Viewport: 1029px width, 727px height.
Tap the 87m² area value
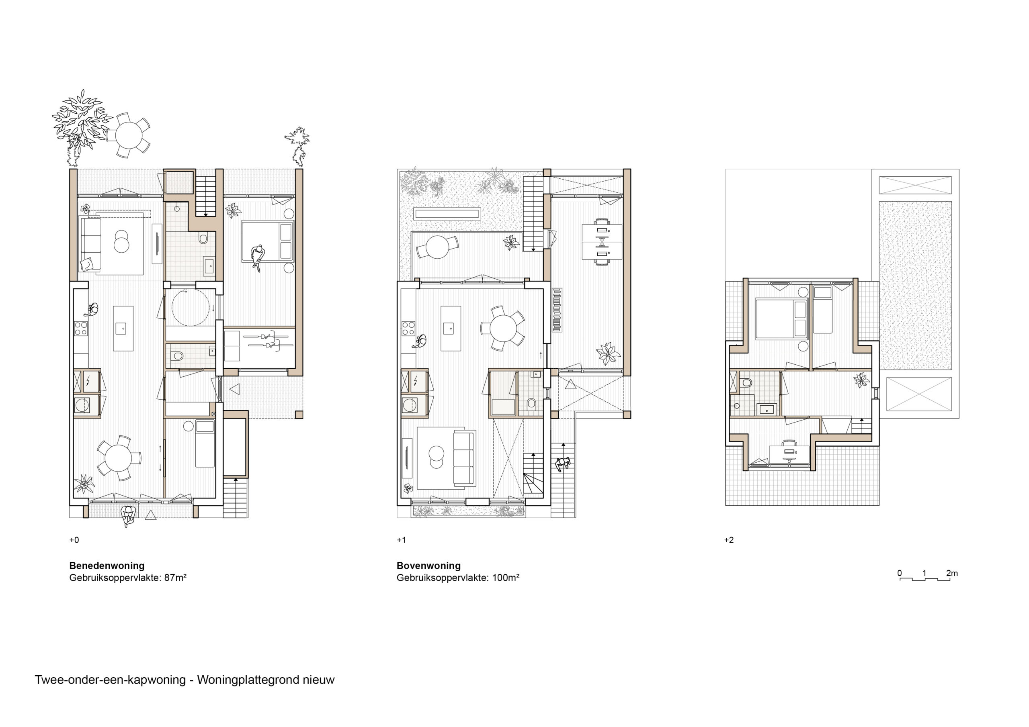pyautogui.click(x=175, y=578)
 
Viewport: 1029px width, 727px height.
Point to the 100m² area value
pyautogui.click(x=506, y=578)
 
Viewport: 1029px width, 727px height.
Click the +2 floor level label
pyautogui.click(x=729, y=540)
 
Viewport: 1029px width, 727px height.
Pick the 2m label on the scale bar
pyautogui.click(x=952, y=573)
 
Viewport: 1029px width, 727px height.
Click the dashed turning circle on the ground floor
pyautogui.click(x=191, y=308)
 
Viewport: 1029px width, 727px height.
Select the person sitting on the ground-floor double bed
pyautogui.click(x=257, y=257)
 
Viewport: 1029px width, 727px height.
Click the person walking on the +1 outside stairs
pyautogui.click(x=563, y=464)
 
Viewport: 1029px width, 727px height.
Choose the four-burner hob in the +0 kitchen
pyautogui.click(x=81, y=329)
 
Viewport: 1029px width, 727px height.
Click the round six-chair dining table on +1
pyautogui.click(x=504, y=328)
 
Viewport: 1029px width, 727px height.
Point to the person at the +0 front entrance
pyautogui.click(x=129, y=516)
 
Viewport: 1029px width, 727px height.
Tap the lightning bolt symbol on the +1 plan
pyautogui.click(x=416, y=381)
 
